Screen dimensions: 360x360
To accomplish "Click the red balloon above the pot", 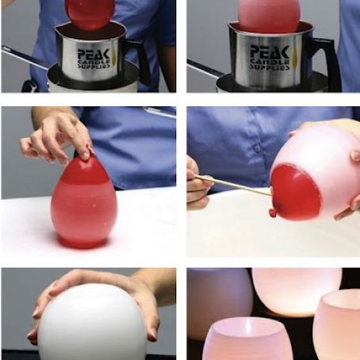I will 90,12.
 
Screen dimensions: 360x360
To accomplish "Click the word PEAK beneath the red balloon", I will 96,53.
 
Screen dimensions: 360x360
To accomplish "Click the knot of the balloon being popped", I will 274,212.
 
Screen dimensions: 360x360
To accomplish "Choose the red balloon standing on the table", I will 83,202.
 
